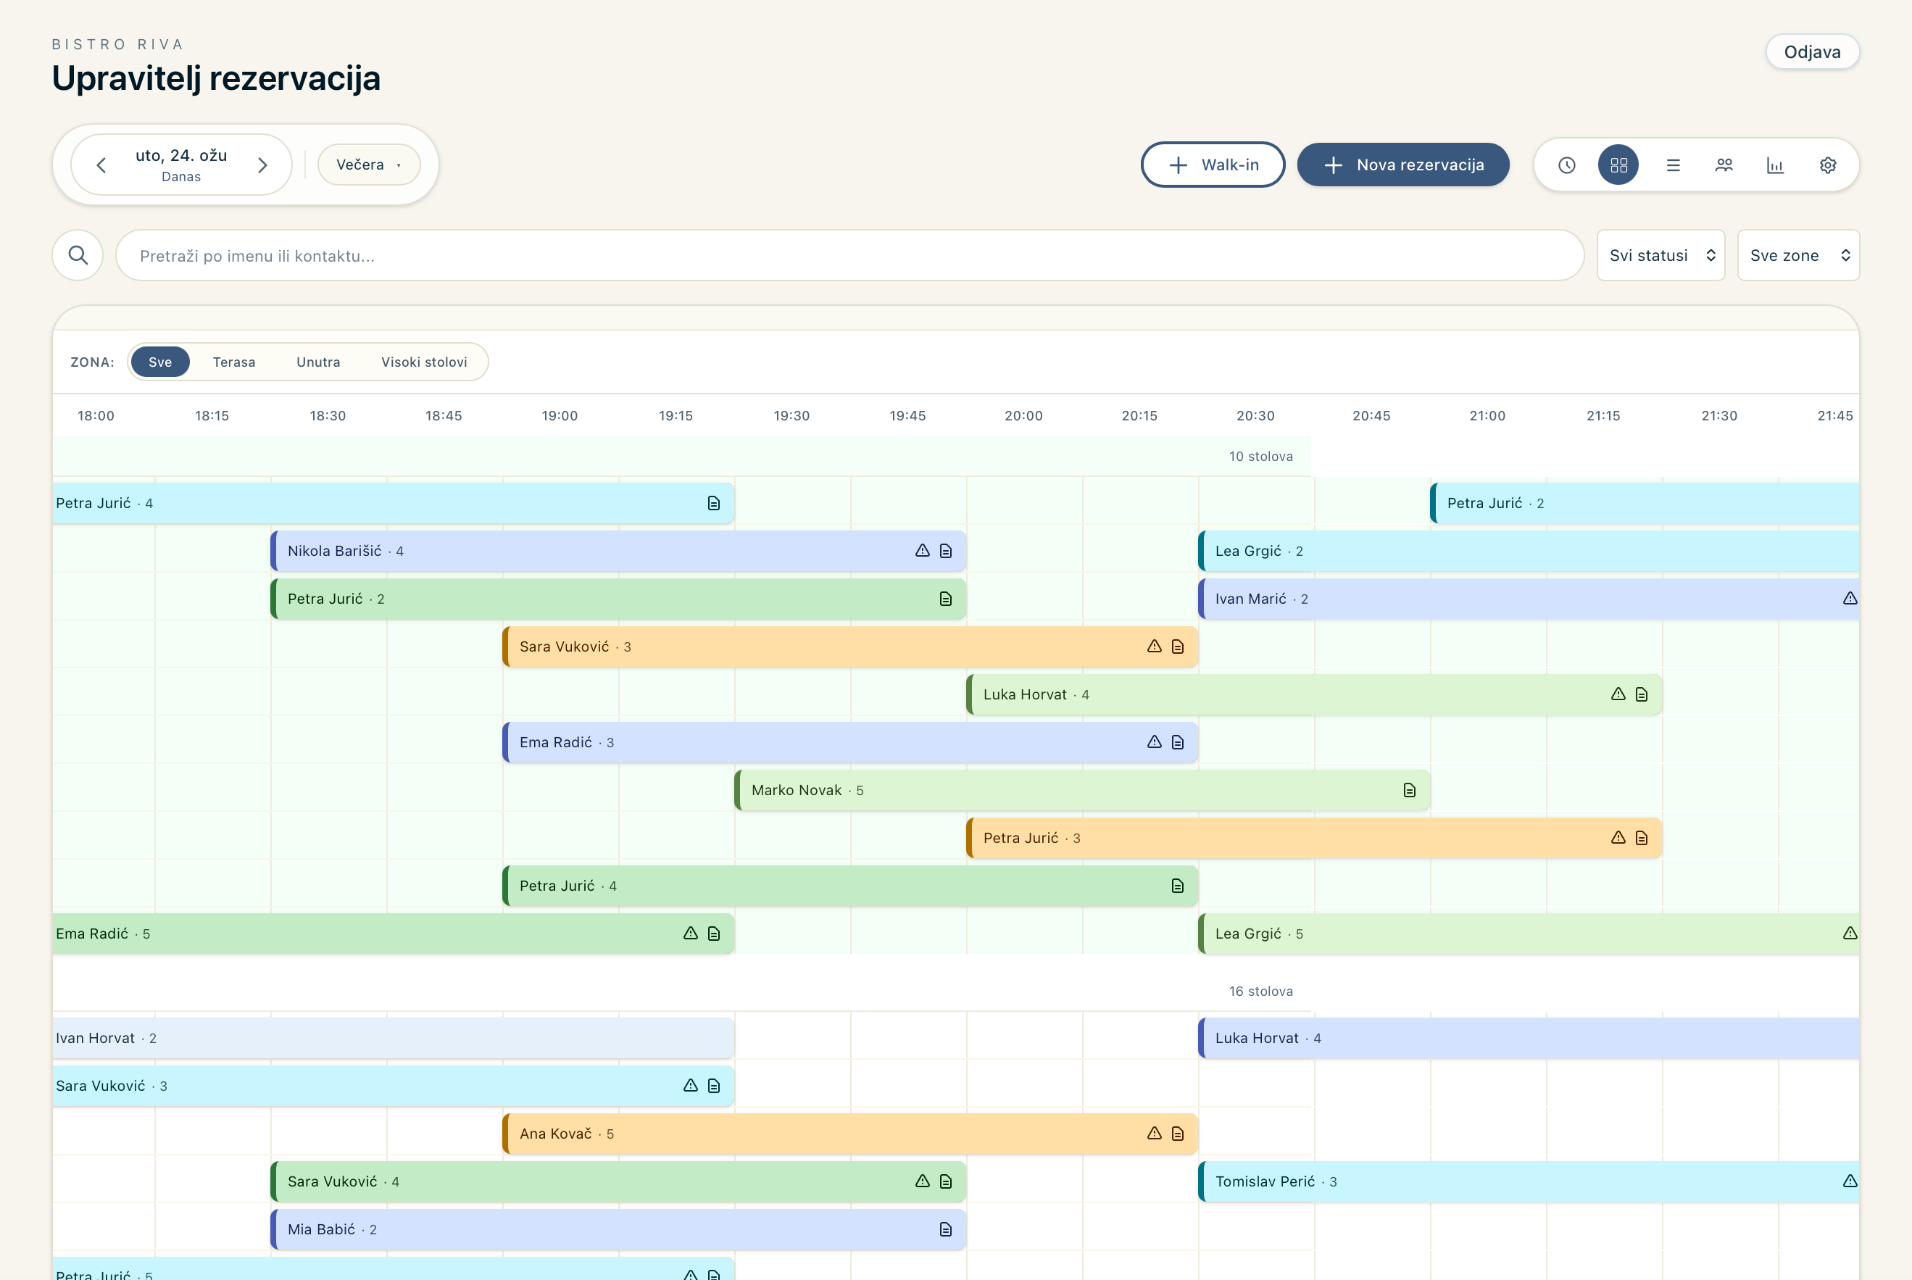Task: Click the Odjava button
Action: coord(1811,52)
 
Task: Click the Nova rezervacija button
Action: coord(1402,165)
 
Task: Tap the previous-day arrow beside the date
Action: coord(101,166)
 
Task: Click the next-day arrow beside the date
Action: coord(262,166)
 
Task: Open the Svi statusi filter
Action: coord(1660,256)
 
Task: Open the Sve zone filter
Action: coord(1798,256)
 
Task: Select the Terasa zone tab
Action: coord(234,362)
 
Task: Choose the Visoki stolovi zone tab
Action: coord(425,362)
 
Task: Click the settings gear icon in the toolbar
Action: coord(1828,165)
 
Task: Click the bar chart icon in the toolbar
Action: coord(1775,165)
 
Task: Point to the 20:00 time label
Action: coord(1023,415)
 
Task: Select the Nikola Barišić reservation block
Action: coord(619,551)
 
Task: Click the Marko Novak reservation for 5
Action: coord(1083,790)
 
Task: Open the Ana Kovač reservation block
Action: coord(851,1134)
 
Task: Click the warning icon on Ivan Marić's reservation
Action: coord(1850,599)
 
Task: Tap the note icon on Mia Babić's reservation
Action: coord(945,1229)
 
